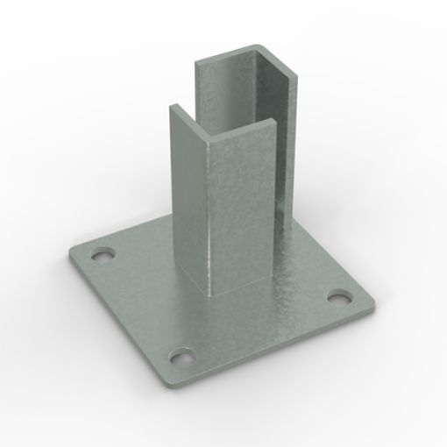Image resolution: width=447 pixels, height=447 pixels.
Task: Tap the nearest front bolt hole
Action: tap(181, 357)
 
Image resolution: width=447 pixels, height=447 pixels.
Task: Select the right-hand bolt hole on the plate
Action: tap(337, 296)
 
